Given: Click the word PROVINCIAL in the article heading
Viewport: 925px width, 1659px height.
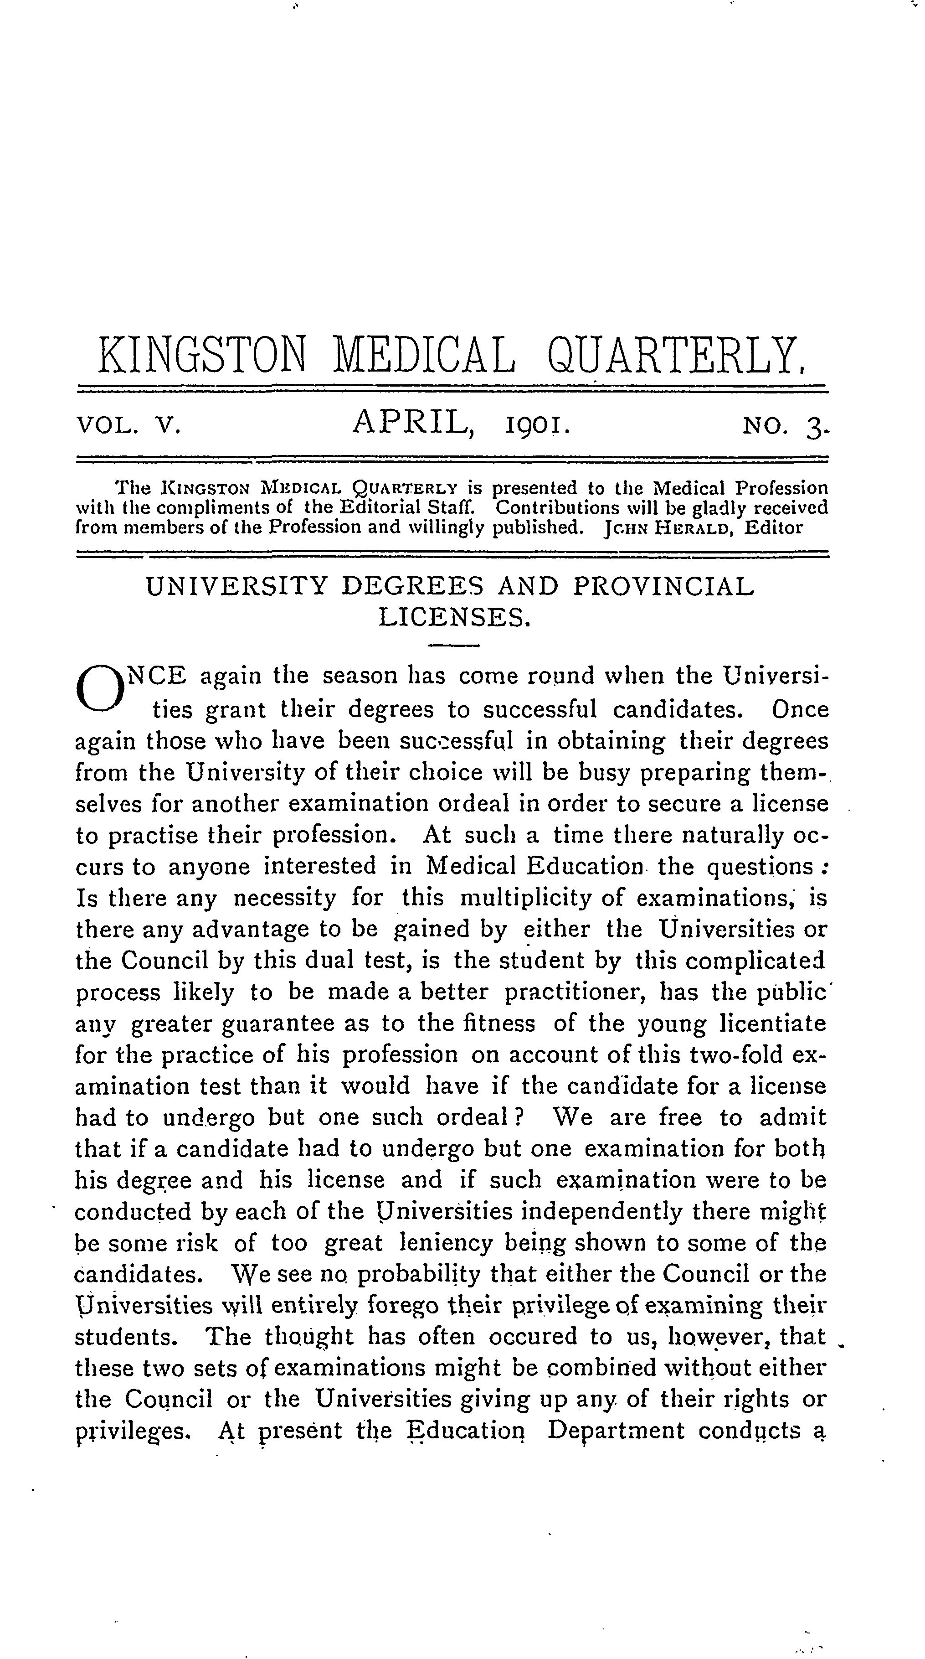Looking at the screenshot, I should pyautogui.click(x=663, y=587).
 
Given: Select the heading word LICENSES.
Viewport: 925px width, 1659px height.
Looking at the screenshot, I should pyautogui.click(x=454, y=619).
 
